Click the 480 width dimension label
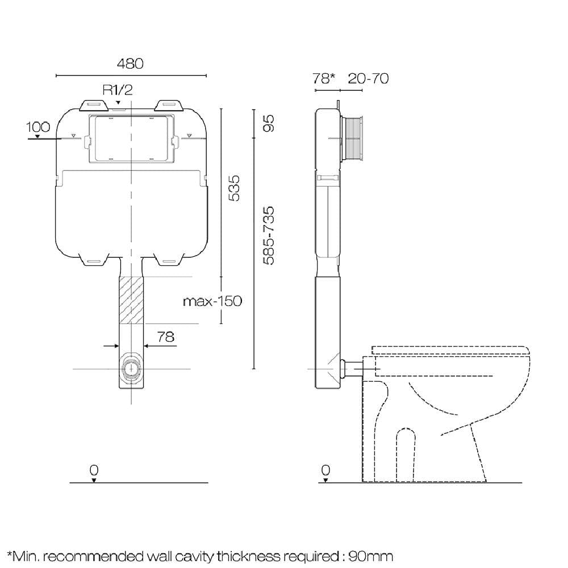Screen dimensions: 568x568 (x=130, y=64)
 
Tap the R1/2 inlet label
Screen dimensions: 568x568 (x=118, y=90)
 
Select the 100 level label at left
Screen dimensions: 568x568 (x=37, y=127)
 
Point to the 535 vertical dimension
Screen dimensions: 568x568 (x=235, y=188)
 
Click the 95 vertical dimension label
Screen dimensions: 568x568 (x=268, y=123)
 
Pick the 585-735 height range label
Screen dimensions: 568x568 (x=268, y=236)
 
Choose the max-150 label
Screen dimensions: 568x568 (x=212, y=302)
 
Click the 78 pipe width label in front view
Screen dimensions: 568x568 (x=166, y=337)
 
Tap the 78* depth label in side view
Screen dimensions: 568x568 (x=324, y=78)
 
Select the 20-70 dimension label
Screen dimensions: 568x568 (x=369, y=78)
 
